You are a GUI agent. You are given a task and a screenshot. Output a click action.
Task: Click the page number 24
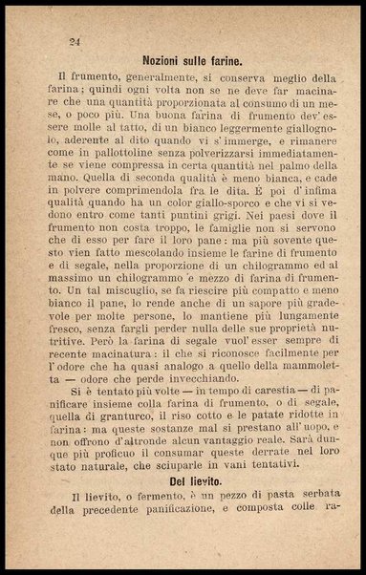75,42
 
